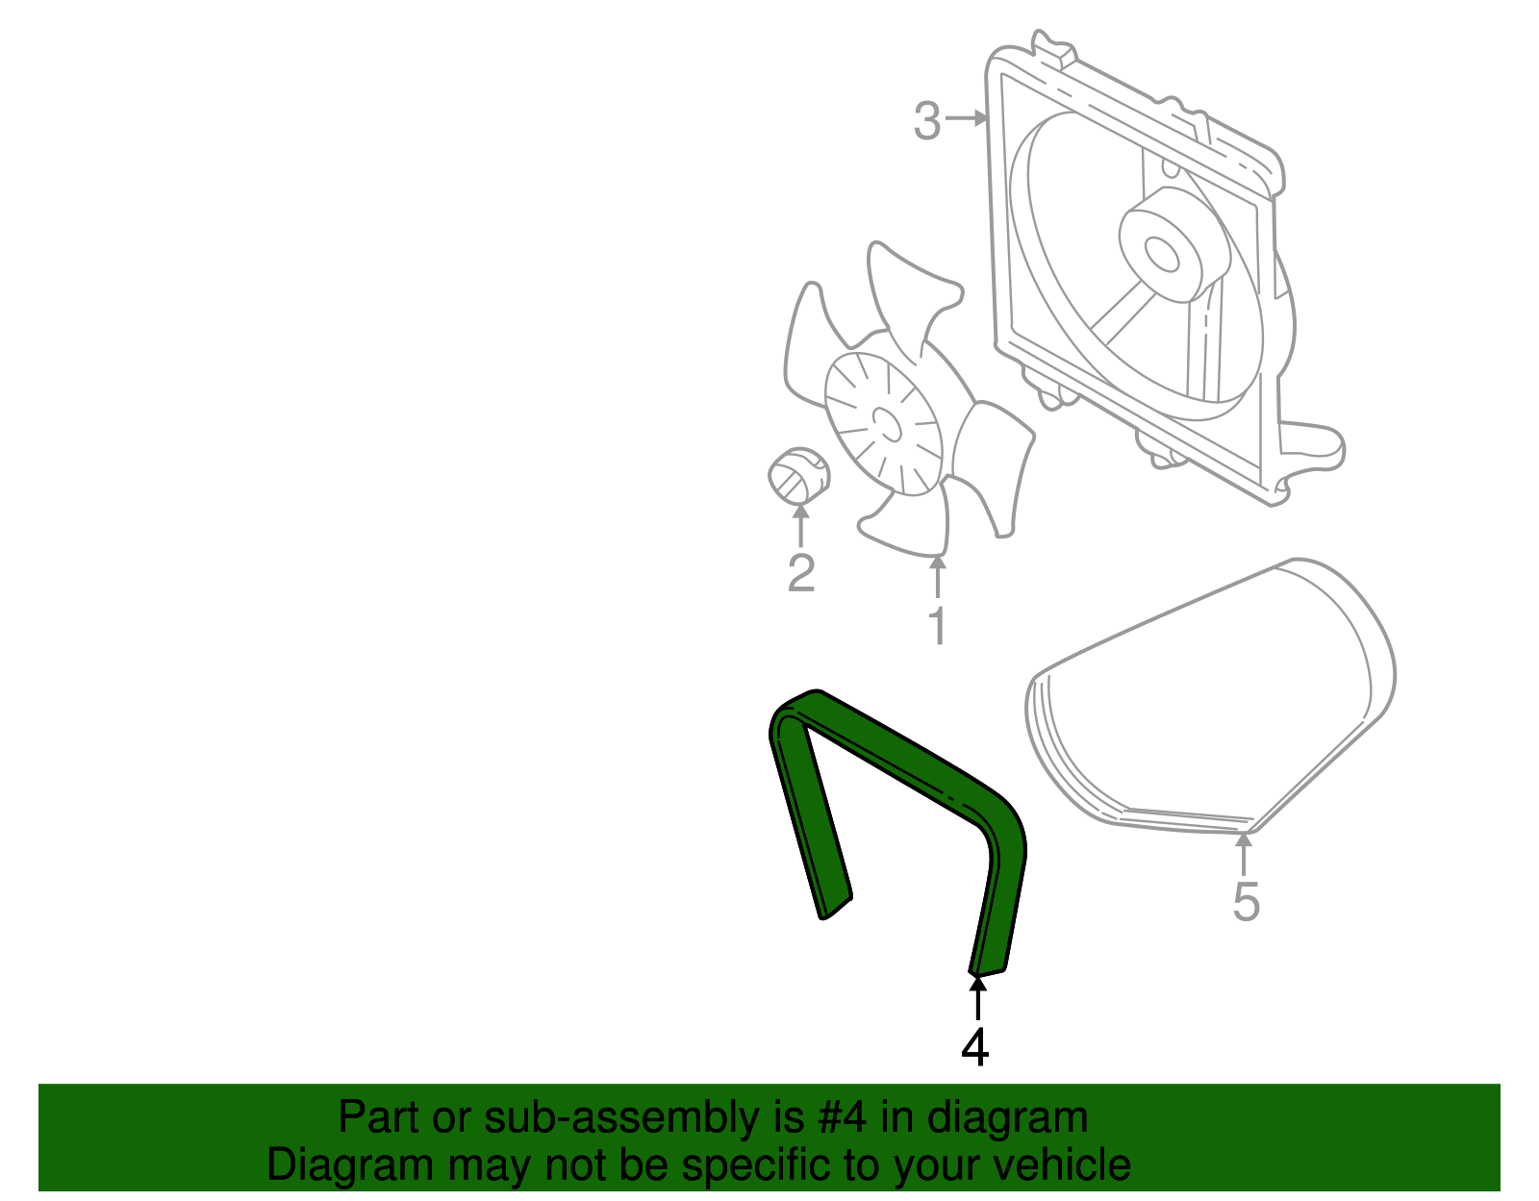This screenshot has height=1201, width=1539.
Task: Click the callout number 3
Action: [x=926, y=122]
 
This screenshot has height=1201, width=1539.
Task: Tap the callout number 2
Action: [x=801, y=574]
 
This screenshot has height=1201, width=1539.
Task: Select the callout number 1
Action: [x=937, y=626]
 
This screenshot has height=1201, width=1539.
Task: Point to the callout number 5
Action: [x=1246, y=902]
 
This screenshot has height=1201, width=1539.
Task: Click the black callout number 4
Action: [x=975, y=1047]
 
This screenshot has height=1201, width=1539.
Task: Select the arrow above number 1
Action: [x=937, y=576]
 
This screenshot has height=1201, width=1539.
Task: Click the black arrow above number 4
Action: [x=977, y=997]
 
